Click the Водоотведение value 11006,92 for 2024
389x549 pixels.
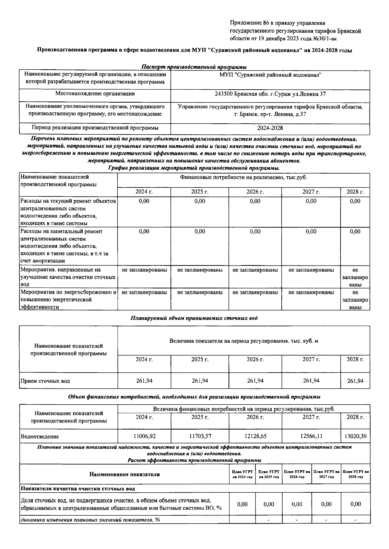point(144,436)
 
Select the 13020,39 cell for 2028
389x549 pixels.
point(355,436)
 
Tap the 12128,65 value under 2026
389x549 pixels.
point(255,436)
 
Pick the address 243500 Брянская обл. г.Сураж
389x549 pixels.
point(270,94)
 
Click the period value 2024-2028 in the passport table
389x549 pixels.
point(270,128)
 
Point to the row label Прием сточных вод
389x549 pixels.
point(45,381)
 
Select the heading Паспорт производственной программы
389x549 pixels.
point(194,67)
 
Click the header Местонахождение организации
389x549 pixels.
point(95,94)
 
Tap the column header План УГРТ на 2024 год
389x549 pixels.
point(242,474)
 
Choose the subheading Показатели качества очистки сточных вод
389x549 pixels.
point(78,488)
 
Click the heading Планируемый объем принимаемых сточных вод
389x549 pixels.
point(194,318)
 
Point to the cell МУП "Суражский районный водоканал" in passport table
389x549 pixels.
point(270,75)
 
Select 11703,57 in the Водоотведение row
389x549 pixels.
point(200,436)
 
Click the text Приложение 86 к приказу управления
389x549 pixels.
point(277,23)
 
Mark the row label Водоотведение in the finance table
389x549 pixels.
point(40,437)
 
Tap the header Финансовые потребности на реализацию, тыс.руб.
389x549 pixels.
point(243,177)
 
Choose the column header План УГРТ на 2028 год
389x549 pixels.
point(356,474)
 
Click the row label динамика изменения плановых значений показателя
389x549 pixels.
point(90,520)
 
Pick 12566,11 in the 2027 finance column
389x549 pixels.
point(311,436)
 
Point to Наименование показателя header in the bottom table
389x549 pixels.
point(124,475)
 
